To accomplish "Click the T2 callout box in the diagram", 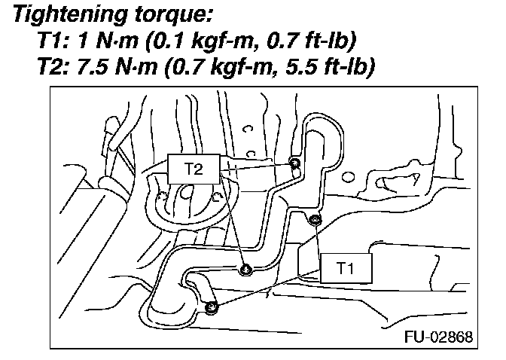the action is coord(194,169).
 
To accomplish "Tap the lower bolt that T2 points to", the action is coord(245,270).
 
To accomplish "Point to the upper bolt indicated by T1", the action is coord(315,220).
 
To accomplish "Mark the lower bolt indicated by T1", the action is coord(212,307).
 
